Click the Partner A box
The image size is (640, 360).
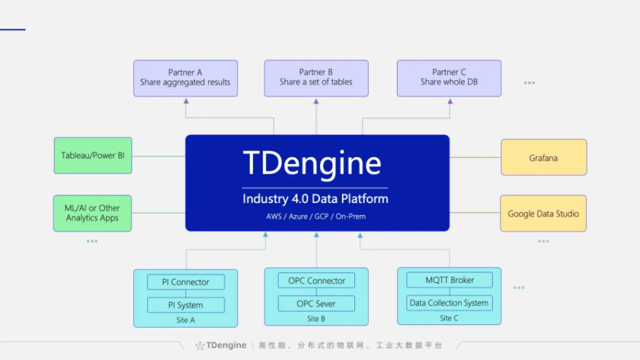pyautogui.click(x=185, y=77)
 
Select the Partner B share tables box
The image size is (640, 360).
pyautogui.click(x=316, y=77)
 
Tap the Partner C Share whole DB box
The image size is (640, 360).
pyautogui.click(x=449, y=77)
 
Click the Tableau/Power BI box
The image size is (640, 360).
pyautogui.click(x=92, y=155)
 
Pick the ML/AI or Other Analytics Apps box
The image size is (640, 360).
pyautogui.click(x=92, y=213)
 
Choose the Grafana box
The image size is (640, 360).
pyautogui.click(x=543, y=157)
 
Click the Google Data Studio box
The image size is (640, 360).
pyautogui.click(x=543, y=213)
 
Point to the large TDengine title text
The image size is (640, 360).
pyautogui.click(x=312, y=164)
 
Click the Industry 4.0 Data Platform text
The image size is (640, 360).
pyautogui.click(x=316, y=199)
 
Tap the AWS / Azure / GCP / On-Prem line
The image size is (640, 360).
pyautogui.click(x=316, y=217)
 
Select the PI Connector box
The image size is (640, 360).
pyautogui.click(x=186, y=282)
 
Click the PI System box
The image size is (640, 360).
pyautogui.click(x=186, y=305)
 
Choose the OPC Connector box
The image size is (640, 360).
pyautogui.click(x=316, y=281)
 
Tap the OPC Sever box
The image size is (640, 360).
pyautogui.click(x=316, y=304)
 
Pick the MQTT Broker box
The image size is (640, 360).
pyautogui.click(x=449, y=280)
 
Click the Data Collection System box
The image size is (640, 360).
pyautogui.click(x=449, y=303)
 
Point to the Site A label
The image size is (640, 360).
pyautogui.click(x=186, y=320)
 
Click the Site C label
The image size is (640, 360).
pyautogui.click(x=449, y=318)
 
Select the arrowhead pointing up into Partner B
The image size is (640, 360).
pyautogui.click(x=316, y=101)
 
